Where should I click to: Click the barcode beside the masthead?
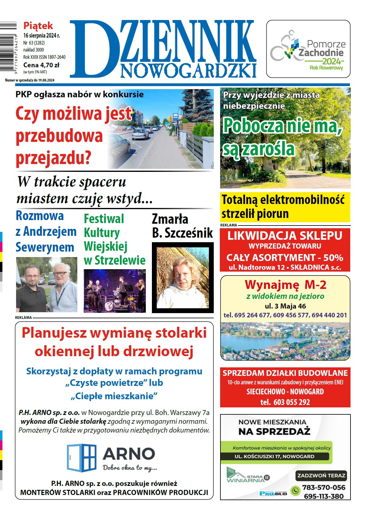click(8, 47)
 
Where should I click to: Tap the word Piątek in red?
click(38, 25)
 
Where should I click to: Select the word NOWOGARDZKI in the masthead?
click(188, 71)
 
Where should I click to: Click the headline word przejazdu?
click(53, 158)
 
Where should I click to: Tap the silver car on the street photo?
click(140, 133)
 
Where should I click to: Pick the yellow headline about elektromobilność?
click(285, 207)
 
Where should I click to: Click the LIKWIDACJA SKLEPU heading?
click(285, 236)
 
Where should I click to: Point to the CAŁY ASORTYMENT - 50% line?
click(285, 258)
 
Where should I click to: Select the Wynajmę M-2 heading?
click(285, 285)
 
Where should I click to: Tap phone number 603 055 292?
click(291, 402)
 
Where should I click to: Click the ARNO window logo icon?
click(81, 458)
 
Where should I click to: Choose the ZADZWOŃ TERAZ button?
click(321, 476)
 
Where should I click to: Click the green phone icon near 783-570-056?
click(295, 490)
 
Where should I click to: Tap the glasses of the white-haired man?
click(60, 274)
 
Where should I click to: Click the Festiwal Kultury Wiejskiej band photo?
click(115, 291)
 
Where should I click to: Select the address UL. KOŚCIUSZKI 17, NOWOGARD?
click(274, 456)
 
